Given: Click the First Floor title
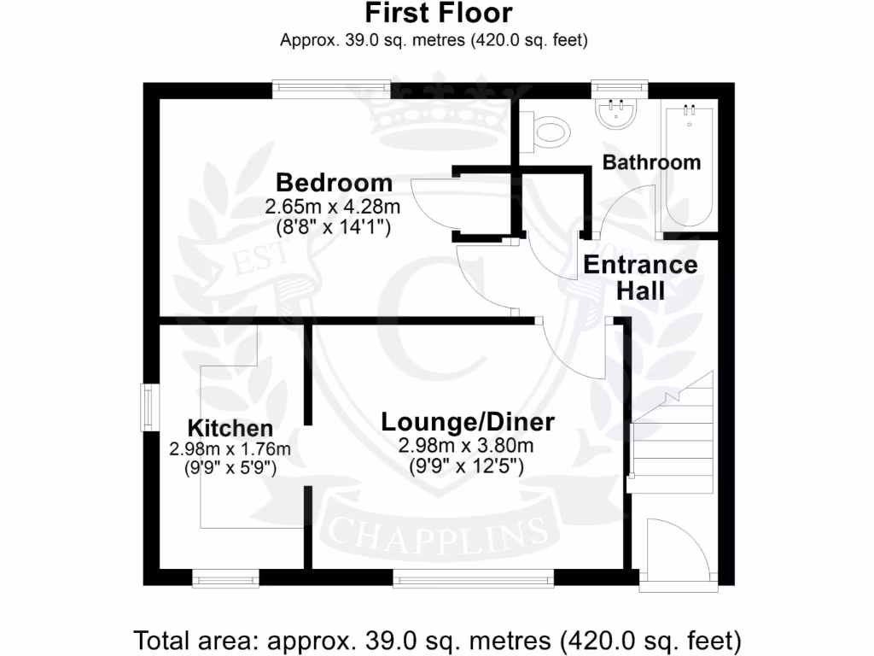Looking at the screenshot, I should (x=439, y=14).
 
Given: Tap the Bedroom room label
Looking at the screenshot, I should (x=334, y=183).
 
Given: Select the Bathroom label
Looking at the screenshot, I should (x=651, y=162).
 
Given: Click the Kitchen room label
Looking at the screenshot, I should (x=230, y=428).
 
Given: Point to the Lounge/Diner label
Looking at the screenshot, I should (x=467, y=422).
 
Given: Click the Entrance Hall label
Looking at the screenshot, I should (x=640, y=278).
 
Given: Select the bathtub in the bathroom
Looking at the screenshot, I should (x=690, y=167).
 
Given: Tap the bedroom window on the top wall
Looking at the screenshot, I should (x=331, y=89).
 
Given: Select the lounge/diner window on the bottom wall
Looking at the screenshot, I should (x=473, y=579).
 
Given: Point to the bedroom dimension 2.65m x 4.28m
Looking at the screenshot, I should (x=333, y=207).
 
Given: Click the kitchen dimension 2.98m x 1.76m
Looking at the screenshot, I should (x=230, y=449).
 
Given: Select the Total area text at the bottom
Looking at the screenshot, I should (x=437, y=638).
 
